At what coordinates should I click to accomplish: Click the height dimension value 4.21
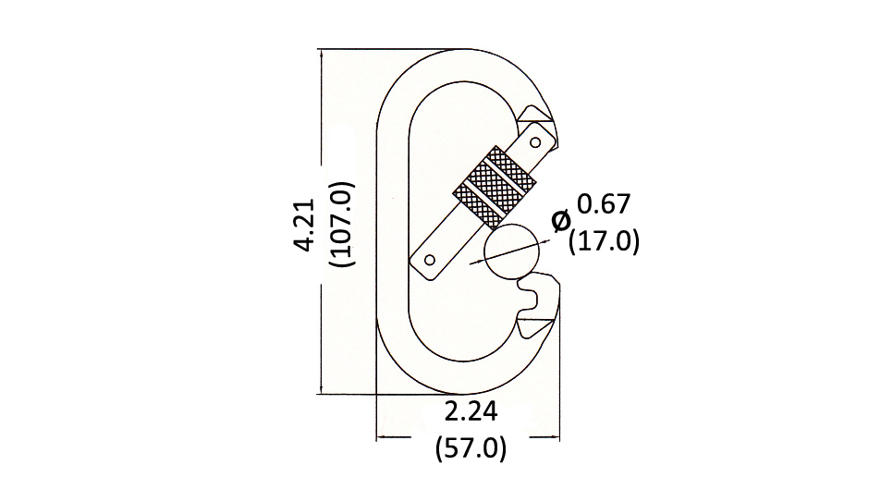(x=305, y=225)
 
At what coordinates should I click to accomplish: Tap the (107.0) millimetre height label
(x=342, y=224)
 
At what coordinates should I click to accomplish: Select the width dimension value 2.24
(x=471, y=411)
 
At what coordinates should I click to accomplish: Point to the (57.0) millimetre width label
(x=471, y=448)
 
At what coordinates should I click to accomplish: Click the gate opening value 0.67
(x=604, y=204)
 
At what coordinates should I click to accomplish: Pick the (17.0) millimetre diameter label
(x=605, y=241)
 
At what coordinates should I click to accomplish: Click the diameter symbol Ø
(x=561, y=221)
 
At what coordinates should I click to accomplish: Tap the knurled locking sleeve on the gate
(x=495, y=187)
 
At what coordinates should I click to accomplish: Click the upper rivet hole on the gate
(x=535, y=141)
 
